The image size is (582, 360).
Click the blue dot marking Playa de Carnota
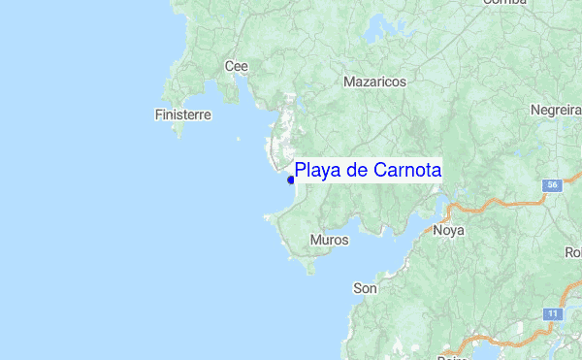point(291,180)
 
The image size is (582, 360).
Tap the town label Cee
point(237,66)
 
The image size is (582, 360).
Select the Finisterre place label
point(182,115)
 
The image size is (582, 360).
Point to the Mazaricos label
point(374,82)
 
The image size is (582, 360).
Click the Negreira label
point(556,111)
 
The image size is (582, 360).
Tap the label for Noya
point(449,231)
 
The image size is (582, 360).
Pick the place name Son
point(365,288)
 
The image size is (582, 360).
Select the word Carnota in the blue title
point(407,171)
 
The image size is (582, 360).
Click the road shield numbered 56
point(552,184)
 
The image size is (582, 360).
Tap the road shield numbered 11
point(552,314)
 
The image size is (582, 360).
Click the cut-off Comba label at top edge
point(504,3)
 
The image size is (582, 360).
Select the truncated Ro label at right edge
point(573,252)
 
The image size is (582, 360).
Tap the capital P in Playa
point(302,171)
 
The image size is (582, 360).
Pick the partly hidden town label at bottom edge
point(453,356)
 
